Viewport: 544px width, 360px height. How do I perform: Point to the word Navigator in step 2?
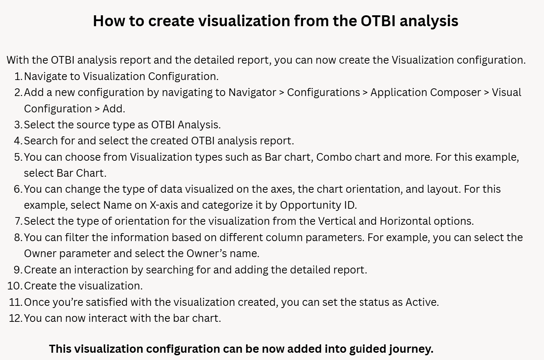point(252,93)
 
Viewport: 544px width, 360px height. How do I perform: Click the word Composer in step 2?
point(455,93)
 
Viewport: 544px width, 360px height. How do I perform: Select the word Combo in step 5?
point(334,157)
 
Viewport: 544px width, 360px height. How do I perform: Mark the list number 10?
point(15,286)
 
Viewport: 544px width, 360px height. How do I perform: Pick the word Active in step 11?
point(422,302)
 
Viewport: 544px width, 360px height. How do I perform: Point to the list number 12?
point(16,318)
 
